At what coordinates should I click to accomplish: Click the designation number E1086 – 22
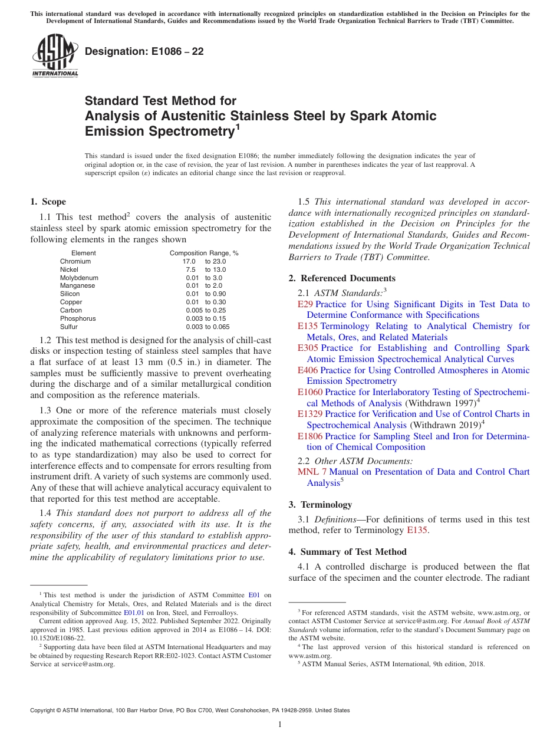144,51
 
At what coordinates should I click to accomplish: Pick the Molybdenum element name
79,278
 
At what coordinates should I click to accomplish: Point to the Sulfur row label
68,327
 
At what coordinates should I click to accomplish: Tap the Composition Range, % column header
204,253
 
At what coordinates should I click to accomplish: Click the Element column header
83,253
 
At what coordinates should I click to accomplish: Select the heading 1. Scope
48,202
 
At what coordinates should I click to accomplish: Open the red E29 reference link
305,304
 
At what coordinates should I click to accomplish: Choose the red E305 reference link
308,348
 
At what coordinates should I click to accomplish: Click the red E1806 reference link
310,436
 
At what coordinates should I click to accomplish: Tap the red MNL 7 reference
312,472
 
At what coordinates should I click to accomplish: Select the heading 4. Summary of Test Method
347,552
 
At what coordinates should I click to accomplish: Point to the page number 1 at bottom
280,724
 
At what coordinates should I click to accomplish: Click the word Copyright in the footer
44,710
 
